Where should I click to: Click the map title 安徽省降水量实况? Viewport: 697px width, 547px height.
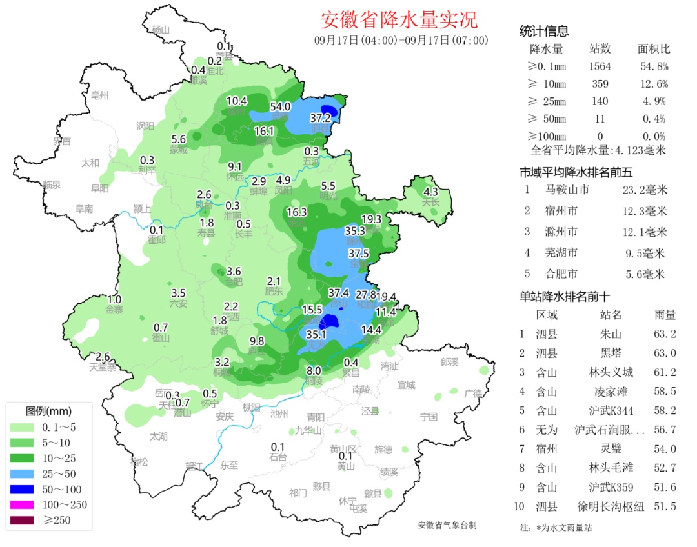click(x=399, y=20)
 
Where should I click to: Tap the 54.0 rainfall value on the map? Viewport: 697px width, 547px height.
click(x=280, y=106)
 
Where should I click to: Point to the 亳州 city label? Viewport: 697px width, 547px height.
click(x=100, y=95)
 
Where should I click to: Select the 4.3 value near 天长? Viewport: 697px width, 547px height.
click(x=430, y=192)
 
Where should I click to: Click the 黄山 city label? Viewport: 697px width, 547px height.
click(x=345, y=466)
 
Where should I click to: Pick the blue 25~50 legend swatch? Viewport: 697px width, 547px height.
click(x=24, y=473)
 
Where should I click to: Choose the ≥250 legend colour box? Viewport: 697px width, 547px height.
click(x=24, y=521)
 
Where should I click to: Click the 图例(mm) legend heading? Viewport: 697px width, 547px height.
click(x=48, y=411)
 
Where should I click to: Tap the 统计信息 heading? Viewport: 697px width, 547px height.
click(x=544, y=32)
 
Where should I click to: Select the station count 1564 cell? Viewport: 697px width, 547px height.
click(x=600, y=66)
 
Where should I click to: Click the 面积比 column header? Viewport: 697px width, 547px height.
click(x=653, y=49)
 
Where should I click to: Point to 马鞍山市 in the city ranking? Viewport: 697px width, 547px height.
click(x=567, y=190)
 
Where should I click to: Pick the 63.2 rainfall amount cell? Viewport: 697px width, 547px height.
click(x=665, y=334)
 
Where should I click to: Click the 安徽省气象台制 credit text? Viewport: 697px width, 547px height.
click(x=447, y=525)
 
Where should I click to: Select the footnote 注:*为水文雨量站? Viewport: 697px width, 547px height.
click(x=555, y=528)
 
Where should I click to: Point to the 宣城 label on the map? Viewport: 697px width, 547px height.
click(x=406, y=385)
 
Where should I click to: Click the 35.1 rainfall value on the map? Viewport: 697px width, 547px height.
click(x=316, y=335)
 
